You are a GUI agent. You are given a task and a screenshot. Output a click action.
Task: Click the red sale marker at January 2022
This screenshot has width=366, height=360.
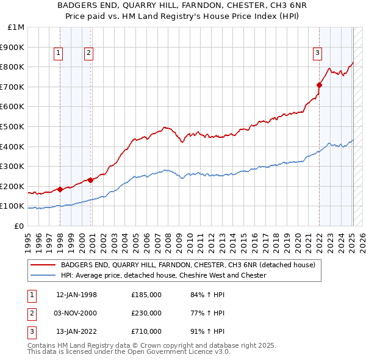click(x=319, y=84)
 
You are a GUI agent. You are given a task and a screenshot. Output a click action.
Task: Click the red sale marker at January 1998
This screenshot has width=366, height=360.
click(x=60, y=189)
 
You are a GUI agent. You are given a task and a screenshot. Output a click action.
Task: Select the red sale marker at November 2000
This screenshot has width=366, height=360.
click(x=90, y=180)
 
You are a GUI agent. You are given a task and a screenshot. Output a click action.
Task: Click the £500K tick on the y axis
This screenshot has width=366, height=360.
click(x=13, y=126)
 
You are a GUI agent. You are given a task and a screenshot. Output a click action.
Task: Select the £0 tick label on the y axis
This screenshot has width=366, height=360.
click(x=20, y=226)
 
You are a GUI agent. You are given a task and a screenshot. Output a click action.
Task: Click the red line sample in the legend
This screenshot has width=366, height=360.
click(x=42, y=265)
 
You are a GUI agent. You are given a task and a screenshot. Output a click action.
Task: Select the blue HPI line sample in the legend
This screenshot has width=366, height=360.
click(x=42, y=275)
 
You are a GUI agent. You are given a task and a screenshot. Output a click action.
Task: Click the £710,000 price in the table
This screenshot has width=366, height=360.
click(x=146, y=331)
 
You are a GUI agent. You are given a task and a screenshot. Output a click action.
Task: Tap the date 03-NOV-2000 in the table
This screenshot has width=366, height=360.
click(x=76, y=313)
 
